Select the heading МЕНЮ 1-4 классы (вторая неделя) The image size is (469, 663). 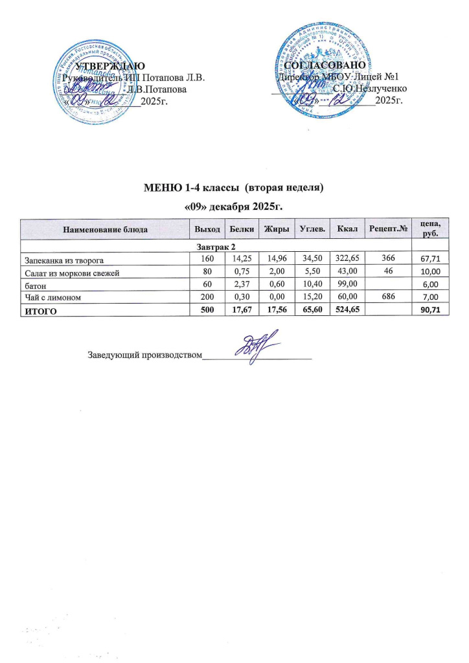point(233,188)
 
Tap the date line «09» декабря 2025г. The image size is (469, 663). point(233,206)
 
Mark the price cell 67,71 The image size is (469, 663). point(430,261)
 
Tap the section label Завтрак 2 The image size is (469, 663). point(216,248)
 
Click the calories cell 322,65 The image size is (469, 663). point(345,260)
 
